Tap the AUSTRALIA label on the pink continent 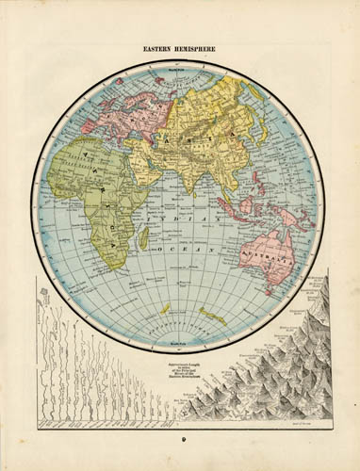268,253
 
